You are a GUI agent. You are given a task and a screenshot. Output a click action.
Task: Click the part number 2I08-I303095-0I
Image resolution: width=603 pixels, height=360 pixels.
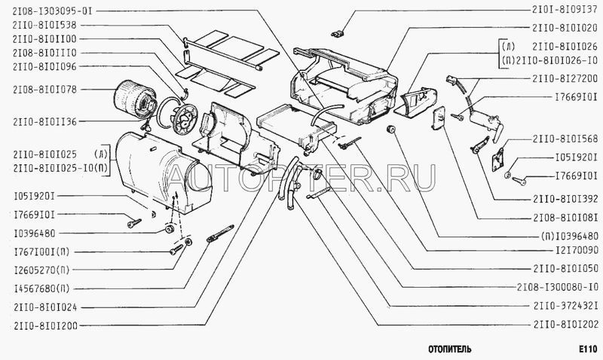[x=52, y=11]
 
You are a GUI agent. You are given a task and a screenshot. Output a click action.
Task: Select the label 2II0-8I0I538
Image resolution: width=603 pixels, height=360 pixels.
[x=44, y=25]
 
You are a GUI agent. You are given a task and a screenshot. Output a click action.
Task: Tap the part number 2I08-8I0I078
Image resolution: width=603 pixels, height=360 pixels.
[x=44, y=90]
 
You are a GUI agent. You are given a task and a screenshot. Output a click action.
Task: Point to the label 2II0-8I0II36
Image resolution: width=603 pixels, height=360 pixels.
[x=44, y=122]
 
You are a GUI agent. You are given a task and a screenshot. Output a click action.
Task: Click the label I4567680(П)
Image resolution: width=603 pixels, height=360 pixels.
[x=41, y=288]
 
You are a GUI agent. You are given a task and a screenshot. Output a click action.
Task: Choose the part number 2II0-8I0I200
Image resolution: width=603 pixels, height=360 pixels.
[x=45, y=326]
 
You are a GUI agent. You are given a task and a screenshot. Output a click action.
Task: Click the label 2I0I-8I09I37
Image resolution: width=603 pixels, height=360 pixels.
[x=565, y=9]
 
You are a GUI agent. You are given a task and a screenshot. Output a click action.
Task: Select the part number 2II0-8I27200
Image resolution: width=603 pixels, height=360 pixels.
[x=565, y=79]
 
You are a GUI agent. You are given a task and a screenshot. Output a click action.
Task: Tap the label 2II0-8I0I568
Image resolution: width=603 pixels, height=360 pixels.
[x=565, y=139]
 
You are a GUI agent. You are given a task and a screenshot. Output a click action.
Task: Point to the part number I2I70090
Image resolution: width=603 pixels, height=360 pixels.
[x=577, y=250]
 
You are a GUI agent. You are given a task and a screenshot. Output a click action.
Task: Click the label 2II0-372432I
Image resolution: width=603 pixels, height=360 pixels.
[x=565, y=306]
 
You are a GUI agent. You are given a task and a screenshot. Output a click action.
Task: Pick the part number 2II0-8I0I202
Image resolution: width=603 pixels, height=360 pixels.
[x=565, y=325]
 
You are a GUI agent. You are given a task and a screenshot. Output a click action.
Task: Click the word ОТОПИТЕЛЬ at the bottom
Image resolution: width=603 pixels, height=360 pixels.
[x=449, y=349]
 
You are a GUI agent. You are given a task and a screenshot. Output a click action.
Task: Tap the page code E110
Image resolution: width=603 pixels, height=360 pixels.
[x=588, y=349]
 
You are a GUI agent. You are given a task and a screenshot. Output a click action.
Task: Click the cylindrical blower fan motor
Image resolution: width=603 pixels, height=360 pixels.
[x=136, y=101]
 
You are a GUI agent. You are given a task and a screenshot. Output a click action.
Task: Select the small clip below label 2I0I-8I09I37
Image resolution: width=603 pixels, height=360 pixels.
[x=337, y=33]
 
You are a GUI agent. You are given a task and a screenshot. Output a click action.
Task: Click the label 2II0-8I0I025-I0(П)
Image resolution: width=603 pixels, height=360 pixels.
[x=60, y=168]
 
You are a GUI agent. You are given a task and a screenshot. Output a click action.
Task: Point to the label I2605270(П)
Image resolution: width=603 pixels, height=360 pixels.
[x=41, y=270]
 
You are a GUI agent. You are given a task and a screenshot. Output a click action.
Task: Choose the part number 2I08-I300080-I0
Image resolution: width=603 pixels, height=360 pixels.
[x=557, y=287]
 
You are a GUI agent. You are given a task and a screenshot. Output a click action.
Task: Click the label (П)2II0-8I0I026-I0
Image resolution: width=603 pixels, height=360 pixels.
[x=550, y=60]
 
